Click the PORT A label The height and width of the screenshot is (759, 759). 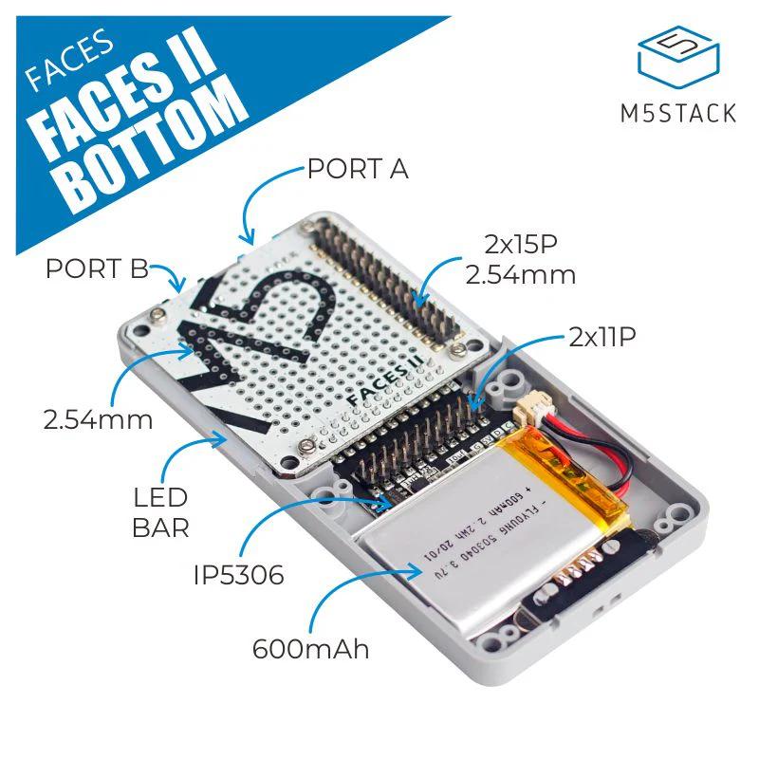tap(358, 169)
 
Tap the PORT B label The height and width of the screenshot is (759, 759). tap(96, 268)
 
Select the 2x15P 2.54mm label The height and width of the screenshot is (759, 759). tap(516, 259)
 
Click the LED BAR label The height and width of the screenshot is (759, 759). tap(161, 510)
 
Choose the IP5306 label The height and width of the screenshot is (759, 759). tap(238, 575)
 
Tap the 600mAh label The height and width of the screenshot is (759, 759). tap(310, 650)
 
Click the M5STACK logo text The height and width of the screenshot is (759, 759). tap(677, 113)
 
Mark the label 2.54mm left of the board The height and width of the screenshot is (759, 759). tap(98, 418)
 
